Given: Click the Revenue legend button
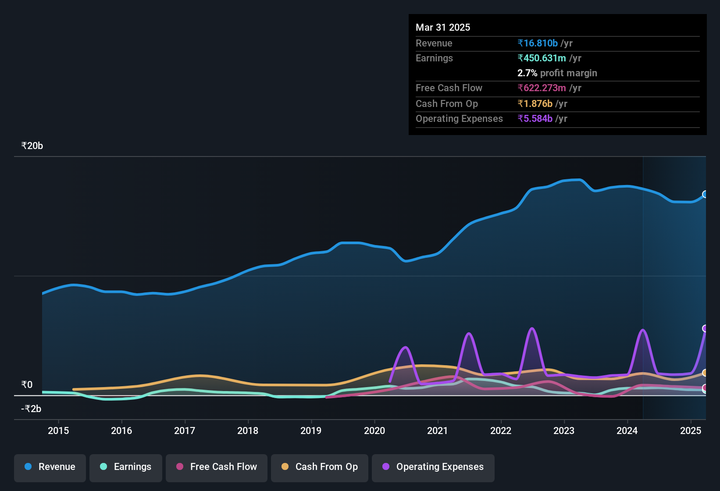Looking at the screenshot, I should (50, 467).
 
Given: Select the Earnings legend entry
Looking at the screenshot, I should (126, 467).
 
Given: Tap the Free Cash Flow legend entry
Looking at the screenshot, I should (217, 467).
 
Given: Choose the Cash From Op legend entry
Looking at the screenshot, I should (320, 467).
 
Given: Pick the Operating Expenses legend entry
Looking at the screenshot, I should (433, 467).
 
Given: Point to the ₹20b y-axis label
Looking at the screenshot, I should (32, 146).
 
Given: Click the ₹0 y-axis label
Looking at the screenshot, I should (27, 385).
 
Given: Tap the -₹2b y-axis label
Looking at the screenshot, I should (31, 409).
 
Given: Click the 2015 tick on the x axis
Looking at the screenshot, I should (58, 431).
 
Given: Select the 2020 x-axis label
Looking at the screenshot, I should (374, 431).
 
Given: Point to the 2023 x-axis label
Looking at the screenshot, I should (564, 431).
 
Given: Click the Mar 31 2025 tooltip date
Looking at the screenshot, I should (443, 27).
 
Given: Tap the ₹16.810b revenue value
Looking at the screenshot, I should (538, 43).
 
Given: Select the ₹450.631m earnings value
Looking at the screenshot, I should (542, 58).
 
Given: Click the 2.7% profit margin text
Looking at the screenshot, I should (557, 73).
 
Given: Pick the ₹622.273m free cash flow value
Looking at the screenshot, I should (542, 88).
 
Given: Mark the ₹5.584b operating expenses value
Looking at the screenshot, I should (535, 118).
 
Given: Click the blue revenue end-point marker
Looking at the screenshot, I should (705, 194).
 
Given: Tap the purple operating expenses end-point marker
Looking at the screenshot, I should (705, 328).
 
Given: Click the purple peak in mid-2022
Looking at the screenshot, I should (532, 328).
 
